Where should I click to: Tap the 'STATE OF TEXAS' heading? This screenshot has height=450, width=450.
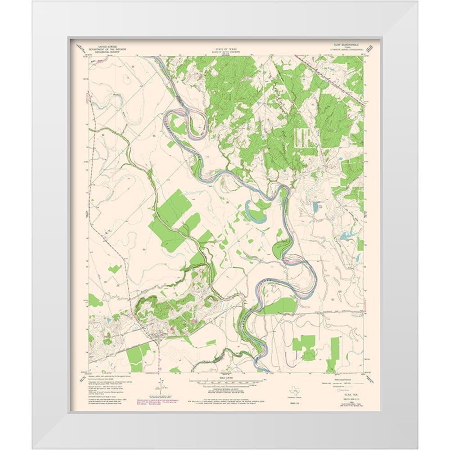[x=225, y=47]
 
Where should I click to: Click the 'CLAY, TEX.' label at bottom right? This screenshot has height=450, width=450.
[x=346, y=392]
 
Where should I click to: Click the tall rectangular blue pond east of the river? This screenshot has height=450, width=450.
[x=315, y=207]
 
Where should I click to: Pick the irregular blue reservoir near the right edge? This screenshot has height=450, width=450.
[x=347, y=235]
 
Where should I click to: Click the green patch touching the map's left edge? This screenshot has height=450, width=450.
[x=94, y=300]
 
